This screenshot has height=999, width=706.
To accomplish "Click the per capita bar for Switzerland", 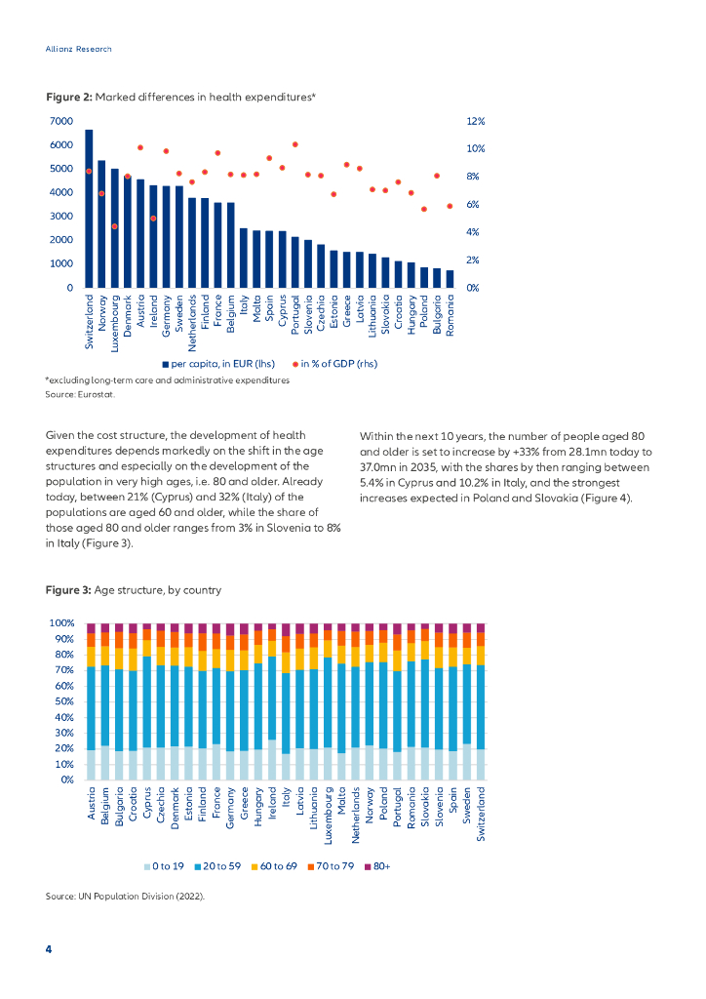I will tap(89, 209).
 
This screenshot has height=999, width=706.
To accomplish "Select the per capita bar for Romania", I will tap(450, 279).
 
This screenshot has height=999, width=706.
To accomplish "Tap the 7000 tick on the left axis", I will tap(60, 121).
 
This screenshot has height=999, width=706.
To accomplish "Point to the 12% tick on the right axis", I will tap(476, 121).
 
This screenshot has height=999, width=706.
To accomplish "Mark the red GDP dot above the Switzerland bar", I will tap(89, 171).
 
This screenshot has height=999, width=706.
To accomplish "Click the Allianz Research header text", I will tap(79, 49).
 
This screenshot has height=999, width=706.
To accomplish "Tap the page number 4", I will tap(49, 949).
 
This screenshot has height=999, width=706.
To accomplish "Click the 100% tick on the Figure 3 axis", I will tap(61, 623).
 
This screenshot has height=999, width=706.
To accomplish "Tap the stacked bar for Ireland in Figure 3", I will tap(272, 701).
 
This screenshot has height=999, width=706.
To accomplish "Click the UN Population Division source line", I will tap(125, 896).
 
